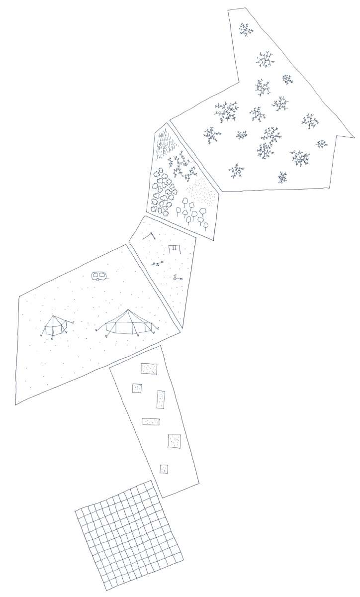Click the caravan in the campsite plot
pyautogui.click(x=98, y=276)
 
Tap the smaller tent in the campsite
pyautogui.click(x=55, y=326)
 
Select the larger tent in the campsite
pyautogui.click(x=129, y=323)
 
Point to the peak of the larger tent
pyautogui.click(x=129, y=310)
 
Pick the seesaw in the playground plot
pyautogui.click(x=158, y=264)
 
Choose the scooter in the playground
pyautogui.click(x=177, y=279)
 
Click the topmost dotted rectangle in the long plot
pyautogui.click(x=149, y=369)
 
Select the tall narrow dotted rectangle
pyautogui.click(x=161, y=399)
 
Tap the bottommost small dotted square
pyautogui.click(x=164, y=469)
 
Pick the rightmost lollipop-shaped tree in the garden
pyautogui.click(x=206, y=223)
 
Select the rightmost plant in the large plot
pyautogui.click(x=322, y=144)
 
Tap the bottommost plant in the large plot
pyautogui.click(x=282, y=177)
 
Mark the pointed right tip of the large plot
pyautogui.click(x=354, y=136)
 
